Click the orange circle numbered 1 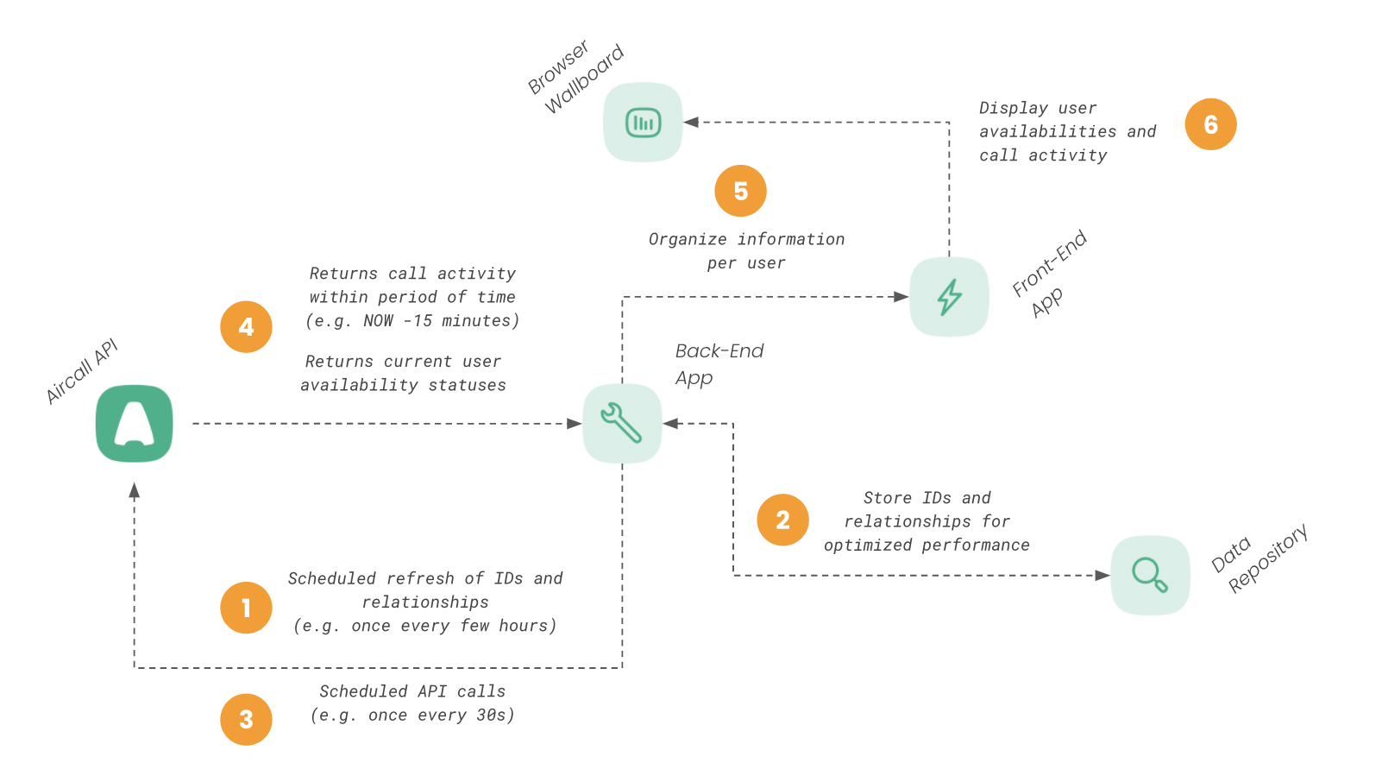click(x=246, y=608)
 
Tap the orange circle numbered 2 click(x=782, y=520)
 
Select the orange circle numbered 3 click(x=246, y=719)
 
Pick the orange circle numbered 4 click(x=246, y=326)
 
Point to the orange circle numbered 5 click(x=740, y=191)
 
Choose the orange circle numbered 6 click(x=1210, y=124)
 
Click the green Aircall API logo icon click(x=134, y=424)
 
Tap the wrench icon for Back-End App click(x=622, y=423)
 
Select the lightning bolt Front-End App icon click(x=949, y=297)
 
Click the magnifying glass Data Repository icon click(x=1150, y=575)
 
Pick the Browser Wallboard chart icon click(x=643, y=123)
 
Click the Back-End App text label click(x=719, y=363)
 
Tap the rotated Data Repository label click(x=1260, y=558)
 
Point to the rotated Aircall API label click(x=81, y=372)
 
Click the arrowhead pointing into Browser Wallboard click(x=691, y=123)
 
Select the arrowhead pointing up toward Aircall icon click(x=134, y=490)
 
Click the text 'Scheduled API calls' click(x=412, y=691)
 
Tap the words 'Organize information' click(x=746, y=239)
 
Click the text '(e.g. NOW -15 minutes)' click(x=412, y=320)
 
